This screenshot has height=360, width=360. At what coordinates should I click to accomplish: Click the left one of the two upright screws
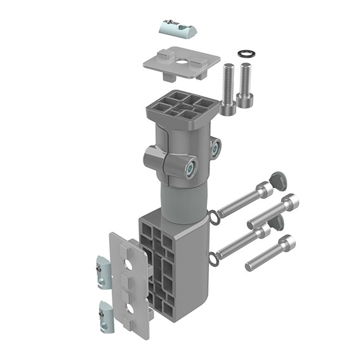point(229,89)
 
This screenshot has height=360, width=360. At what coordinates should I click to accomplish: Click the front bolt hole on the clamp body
point(189,168)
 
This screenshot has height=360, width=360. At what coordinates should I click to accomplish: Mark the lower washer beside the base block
point(214,257)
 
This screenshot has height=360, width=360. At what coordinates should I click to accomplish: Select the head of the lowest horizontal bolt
point(287,243)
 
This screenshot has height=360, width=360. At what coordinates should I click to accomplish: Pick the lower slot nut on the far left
point(107,314)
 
